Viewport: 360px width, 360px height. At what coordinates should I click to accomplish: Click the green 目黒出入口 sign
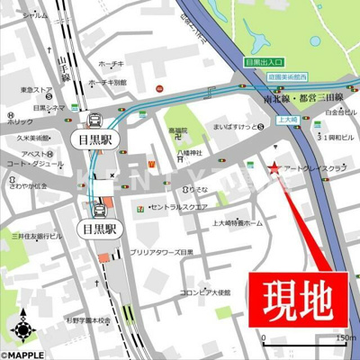(x=265, y=63)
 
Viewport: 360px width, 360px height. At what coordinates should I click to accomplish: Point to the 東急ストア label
(x=35, y=90)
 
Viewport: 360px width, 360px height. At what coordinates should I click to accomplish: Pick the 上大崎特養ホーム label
(x=237, y=221)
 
